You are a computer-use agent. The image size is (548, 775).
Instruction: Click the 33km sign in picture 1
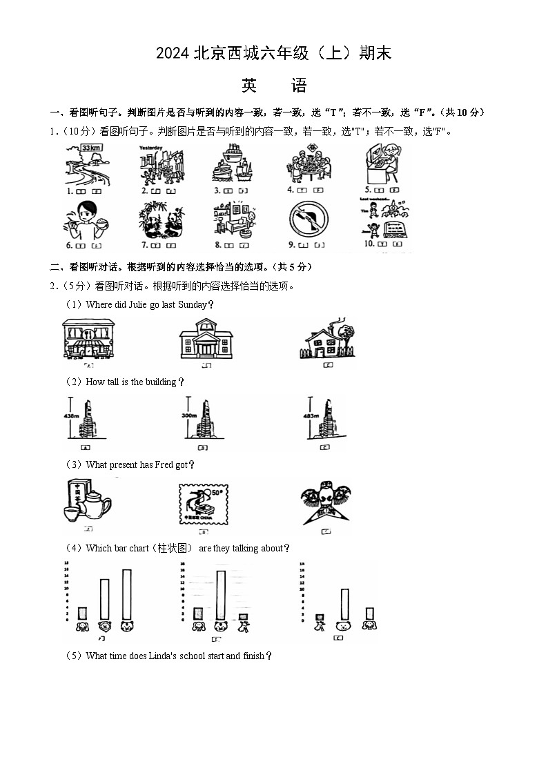(x=90, y=147)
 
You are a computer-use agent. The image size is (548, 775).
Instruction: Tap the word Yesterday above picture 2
(x=150, y=148)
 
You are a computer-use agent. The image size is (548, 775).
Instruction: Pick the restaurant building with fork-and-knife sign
(x=86, y=339)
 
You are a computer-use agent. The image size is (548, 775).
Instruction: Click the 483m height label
(x=311, y=416)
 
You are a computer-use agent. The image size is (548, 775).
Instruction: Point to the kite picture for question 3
(x=326, y=503)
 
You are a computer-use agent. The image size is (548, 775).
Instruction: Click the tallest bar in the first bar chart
(x=126, y=594)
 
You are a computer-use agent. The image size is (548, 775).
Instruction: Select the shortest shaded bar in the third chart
(x=320, y=617)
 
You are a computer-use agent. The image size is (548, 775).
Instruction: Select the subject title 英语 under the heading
(x=274, y=86)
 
